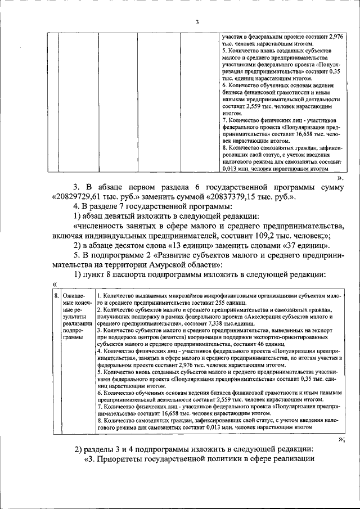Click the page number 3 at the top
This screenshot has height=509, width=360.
[x=197, y=22]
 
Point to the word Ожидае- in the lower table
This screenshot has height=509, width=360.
[x=74, y=295]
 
